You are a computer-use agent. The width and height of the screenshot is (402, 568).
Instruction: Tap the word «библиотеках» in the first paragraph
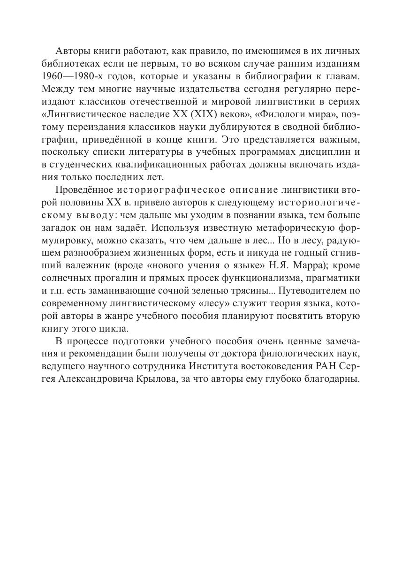tap(68, 63)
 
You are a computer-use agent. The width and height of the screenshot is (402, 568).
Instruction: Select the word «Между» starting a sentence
tap(55, 88)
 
